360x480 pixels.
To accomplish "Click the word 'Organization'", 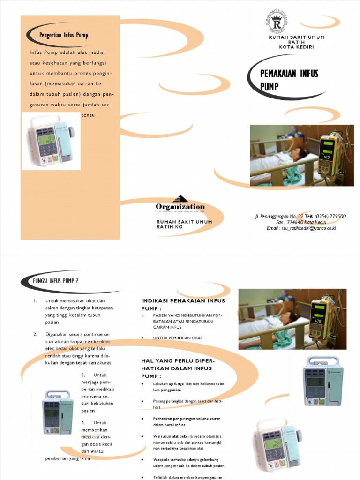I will tap(180, 207).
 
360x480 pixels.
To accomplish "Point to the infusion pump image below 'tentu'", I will tap(50, 141).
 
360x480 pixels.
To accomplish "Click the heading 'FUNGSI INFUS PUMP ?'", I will tap(55, 281).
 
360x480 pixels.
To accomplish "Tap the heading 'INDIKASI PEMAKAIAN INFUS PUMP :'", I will tap(183, 304).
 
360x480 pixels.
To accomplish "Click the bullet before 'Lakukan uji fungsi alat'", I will tap(143, 384).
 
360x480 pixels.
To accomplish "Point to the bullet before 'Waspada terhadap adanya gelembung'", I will tap(143, 460).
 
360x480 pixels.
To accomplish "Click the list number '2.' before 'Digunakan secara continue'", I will tap(35, 334).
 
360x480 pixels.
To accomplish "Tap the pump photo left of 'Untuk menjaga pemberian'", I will tap(57, 412).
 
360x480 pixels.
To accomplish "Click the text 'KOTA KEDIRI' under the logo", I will tap(296, 47).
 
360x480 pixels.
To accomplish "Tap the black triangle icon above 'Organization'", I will tap(180, 199).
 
